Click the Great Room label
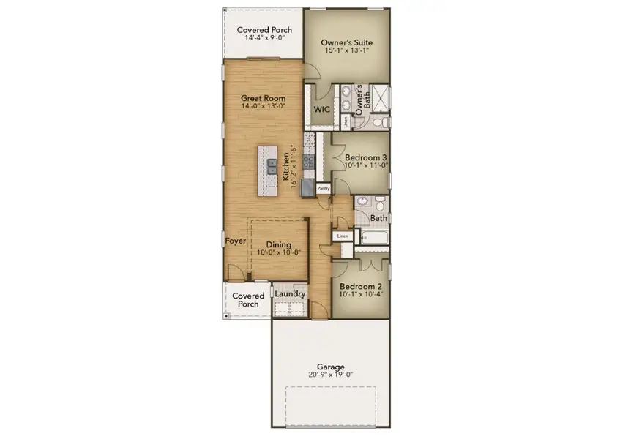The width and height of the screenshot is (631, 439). pos(263,98)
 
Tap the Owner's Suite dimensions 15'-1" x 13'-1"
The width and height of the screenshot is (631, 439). pos(346,51)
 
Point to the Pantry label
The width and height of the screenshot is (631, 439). pos(323,188)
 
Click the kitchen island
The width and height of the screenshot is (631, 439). pos(268,170)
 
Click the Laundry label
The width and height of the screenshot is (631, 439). pos(290,293)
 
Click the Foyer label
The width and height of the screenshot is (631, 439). pos(235,241)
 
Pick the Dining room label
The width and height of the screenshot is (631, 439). pos(279,244)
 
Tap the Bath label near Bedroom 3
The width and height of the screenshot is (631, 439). pos(378,218)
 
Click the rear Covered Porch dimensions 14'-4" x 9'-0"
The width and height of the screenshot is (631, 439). pos(264,39)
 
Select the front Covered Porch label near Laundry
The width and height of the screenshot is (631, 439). pos(248,300)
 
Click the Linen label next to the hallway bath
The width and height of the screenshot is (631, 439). pos(343,236)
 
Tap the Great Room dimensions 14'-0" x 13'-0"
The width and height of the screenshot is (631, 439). pos(263,106)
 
